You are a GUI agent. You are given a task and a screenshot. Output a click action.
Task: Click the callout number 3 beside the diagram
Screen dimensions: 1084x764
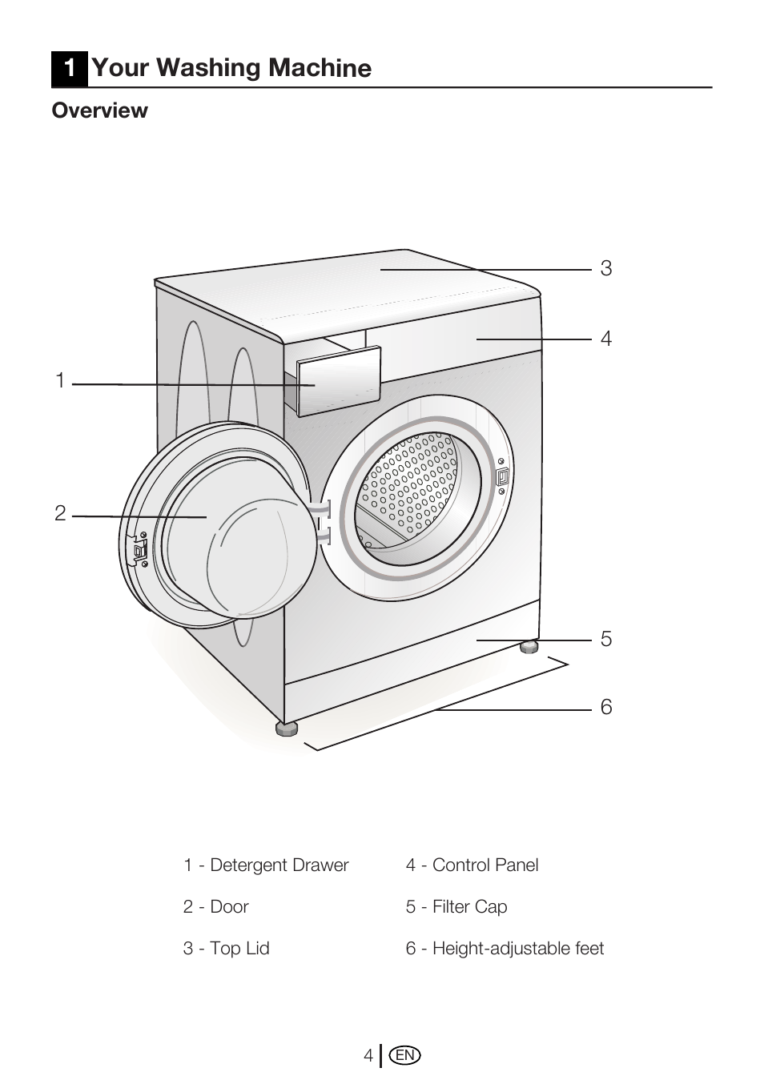[x=606, y=269]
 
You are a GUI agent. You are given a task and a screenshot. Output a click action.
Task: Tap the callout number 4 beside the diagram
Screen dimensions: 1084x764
[x=606, y=339]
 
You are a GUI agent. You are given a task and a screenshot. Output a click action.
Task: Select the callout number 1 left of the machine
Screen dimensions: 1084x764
[x=60, y=382]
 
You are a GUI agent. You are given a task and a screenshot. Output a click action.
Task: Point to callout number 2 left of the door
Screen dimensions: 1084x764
[x=60, y=514]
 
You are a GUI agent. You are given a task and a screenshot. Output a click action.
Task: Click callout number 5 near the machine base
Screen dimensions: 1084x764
[x=606, y=640]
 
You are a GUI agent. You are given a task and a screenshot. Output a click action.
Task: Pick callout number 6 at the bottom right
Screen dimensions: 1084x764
[x=606, y=708]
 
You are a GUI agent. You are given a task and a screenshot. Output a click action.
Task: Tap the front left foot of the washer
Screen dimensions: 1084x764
[x=287, y=728]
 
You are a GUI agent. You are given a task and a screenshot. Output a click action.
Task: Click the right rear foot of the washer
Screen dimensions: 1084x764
[x=529, y=646]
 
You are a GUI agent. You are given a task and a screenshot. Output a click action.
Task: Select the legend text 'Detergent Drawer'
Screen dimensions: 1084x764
[x=279, y=865]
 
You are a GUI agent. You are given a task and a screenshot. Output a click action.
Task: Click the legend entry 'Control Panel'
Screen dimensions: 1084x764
[x=485, y=865]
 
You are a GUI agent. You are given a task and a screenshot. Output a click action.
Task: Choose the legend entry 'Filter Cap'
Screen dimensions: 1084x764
[x=469, y=907]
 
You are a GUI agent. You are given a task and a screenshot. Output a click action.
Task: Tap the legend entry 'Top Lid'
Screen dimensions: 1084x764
[x=239, y=949]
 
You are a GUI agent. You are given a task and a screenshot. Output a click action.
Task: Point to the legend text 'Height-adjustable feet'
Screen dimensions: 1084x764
[x=517, y=949]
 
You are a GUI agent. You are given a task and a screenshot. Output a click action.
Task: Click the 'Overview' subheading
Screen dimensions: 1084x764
[x=100, y=110]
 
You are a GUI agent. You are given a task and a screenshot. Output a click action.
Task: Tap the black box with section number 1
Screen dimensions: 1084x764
[x=70, y=68]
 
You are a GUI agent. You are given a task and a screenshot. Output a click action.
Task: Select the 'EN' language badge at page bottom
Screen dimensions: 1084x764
[x=405, y=1056]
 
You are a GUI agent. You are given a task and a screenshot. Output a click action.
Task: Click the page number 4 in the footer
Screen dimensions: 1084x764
[x=368, y=1056]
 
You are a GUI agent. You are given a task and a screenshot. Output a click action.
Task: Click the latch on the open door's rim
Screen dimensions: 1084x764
[x=139, y=549]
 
